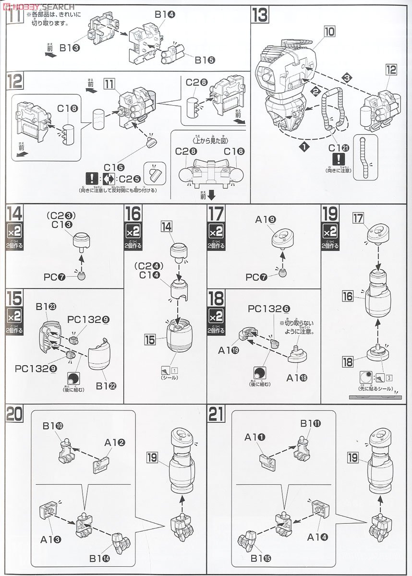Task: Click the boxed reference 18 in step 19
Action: (351, 360)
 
